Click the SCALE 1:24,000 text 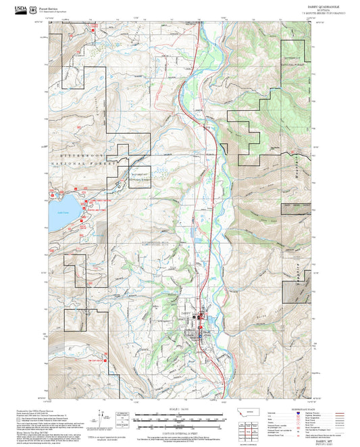[x=180, y=409]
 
